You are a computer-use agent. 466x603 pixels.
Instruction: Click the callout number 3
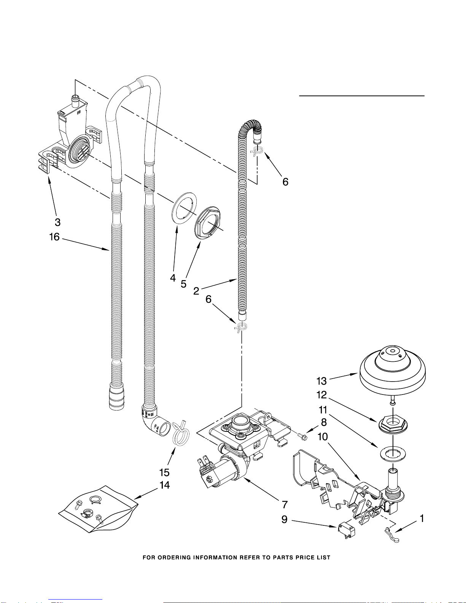57,222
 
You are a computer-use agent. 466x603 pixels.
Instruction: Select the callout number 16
54,237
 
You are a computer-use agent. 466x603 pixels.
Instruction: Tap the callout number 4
173,278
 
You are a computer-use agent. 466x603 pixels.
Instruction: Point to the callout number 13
322,381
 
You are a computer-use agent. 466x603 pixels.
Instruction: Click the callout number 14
165,485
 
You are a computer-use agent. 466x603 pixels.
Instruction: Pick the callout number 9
285,519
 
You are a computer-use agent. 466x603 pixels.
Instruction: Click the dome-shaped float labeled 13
393,371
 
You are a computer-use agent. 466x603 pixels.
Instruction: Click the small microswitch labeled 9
346,531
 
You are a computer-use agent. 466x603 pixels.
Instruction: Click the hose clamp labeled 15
180,432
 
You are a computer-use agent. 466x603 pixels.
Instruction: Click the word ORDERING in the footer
175,558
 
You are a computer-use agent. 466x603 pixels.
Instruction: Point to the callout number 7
285,505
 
